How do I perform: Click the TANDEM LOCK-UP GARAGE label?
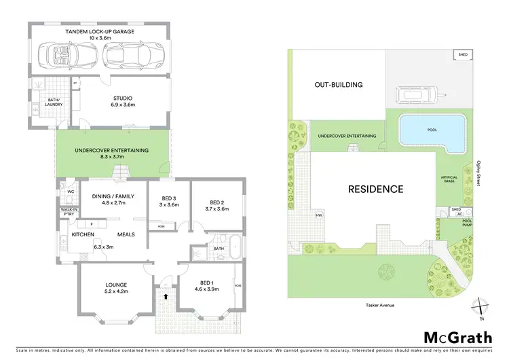pyautogui.click(x=100, y=32)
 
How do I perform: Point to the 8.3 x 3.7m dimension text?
pyautogui.click(x=112, y=158)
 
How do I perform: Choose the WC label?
pyautogui.click(x=69, y=192)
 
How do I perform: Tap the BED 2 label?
pyautogui.click(x=216, y=202)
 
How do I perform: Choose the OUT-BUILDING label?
pyautogui.click(x=338, y=85)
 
